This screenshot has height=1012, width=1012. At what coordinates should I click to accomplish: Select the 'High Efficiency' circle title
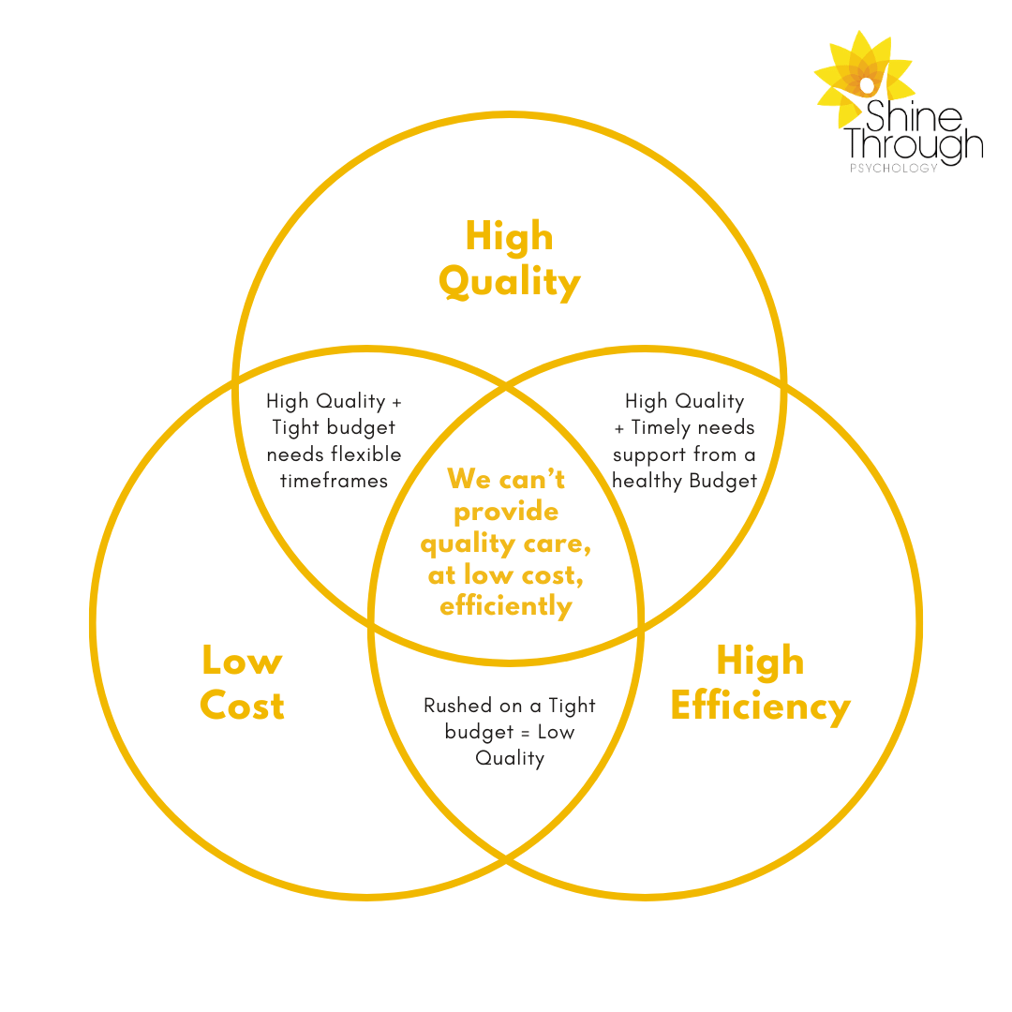760,684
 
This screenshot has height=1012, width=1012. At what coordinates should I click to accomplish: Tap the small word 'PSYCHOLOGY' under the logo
893,170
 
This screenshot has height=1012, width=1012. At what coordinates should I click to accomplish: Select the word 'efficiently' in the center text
506,606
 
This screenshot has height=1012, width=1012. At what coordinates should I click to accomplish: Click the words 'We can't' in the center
506,479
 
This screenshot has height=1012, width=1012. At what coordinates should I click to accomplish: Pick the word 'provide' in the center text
506,512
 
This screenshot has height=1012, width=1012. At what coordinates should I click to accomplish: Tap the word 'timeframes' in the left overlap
334,481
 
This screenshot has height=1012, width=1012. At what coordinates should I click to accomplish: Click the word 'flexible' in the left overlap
367,454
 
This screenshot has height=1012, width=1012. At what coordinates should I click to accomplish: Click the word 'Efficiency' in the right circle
760,707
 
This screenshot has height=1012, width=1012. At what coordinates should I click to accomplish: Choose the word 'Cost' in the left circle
242,707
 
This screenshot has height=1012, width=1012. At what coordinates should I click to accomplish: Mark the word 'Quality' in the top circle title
509,282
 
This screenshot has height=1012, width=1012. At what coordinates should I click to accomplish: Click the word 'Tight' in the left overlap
293,428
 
